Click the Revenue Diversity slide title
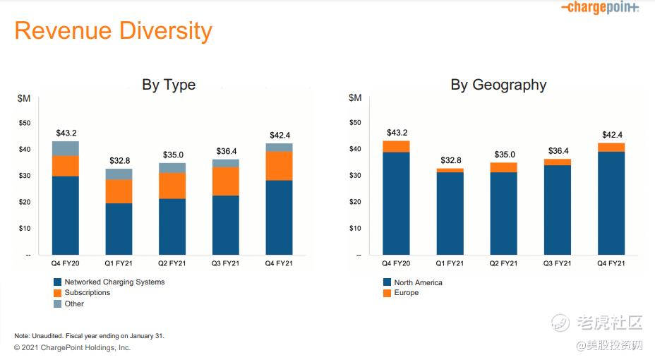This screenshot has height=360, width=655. [x=113, y=31]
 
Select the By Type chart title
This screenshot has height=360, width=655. [x=169, y=85]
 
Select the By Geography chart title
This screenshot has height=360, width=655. [x=498, y=85]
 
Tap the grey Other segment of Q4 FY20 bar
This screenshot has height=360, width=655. [x=65, y=148]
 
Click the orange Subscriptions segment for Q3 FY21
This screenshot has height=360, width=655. [x=225, y=181]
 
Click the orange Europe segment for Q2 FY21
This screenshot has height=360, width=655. [x=503, y=167]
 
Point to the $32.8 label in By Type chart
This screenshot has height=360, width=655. [x=119, y=161]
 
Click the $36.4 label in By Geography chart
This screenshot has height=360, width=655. [x=558, y=151]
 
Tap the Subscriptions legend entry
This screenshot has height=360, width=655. [x=87, y=293]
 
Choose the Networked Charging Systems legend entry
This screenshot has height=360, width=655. [x=114, y=282]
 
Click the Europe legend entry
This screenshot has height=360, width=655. [x=406, y=293]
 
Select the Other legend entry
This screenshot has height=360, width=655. [x=73, y=304]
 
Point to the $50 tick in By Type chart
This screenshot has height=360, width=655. [x=25, y=123]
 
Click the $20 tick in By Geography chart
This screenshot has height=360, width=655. [x=355, y=202]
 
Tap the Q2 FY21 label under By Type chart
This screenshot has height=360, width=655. [x=172, y=263]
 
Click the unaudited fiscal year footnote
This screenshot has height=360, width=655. [x=89, y=335]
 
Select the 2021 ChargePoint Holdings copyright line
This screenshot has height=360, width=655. [x=72, y=347]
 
